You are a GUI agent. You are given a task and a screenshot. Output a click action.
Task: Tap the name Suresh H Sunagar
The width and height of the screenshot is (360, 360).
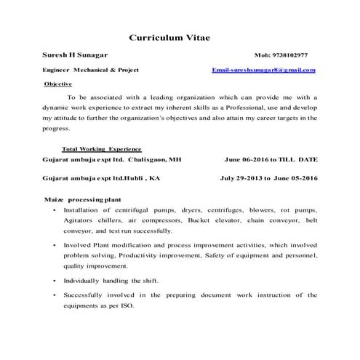74,55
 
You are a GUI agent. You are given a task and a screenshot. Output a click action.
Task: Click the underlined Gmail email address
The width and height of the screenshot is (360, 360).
263,71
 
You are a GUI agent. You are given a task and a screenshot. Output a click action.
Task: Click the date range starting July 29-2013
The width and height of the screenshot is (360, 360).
268,177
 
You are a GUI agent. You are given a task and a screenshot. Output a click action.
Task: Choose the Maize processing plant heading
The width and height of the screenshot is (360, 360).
82,198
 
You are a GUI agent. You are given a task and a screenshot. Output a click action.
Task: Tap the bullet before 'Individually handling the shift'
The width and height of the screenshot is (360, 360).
55,281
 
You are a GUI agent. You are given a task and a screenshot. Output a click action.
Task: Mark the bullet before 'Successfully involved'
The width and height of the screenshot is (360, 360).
55,295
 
